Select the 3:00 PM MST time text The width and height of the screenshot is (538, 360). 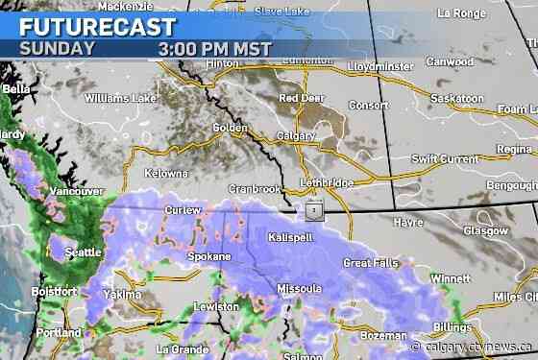(x=217, y=48)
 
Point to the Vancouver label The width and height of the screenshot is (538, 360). (x=77, y=192)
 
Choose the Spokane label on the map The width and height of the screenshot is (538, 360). (x=208, y=257)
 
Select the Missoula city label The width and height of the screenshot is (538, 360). (x=299, y=288)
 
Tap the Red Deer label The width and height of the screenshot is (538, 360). (x=301, y=98)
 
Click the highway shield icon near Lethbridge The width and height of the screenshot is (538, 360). (x=313, y=208)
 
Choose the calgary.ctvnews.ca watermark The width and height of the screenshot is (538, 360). (x=472, y=347)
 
